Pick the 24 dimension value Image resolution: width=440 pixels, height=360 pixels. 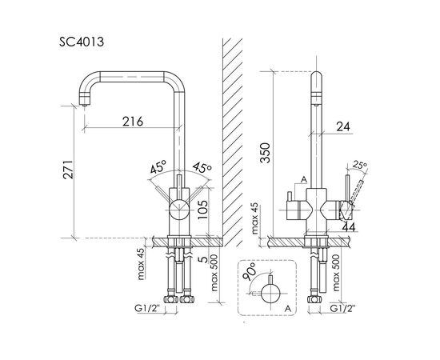click(343, 125)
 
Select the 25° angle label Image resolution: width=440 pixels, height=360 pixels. click(359, 166)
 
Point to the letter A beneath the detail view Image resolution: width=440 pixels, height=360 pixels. click(285, 306)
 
